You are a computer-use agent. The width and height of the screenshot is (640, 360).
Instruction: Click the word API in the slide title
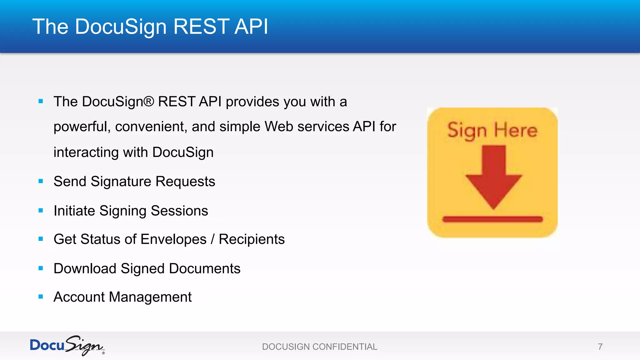pos(251,27)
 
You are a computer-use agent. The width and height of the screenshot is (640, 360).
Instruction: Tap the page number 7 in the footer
pos(600,347)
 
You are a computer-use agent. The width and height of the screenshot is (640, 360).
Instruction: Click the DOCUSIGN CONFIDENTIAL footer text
pos(319,347)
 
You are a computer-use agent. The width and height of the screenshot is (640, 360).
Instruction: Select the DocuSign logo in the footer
pos(67,345)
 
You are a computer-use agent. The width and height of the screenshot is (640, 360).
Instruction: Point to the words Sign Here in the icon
pos(492,130)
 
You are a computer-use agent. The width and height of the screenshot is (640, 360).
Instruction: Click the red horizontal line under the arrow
pos(492,219)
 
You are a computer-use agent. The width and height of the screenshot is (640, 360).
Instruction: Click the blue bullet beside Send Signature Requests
pos(41,181)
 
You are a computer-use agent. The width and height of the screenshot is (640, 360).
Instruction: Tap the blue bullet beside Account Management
pos(41,297)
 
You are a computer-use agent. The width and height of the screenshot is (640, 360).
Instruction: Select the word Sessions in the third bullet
pos(179,211)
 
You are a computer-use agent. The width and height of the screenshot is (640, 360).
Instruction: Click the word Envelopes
pos(173,239)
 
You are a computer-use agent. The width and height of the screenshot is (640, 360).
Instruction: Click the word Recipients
pos(252,239)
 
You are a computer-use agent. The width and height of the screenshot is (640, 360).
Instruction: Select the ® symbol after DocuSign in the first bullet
pos(149,102)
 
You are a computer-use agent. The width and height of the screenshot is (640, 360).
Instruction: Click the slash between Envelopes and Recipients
pos(212,239)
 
